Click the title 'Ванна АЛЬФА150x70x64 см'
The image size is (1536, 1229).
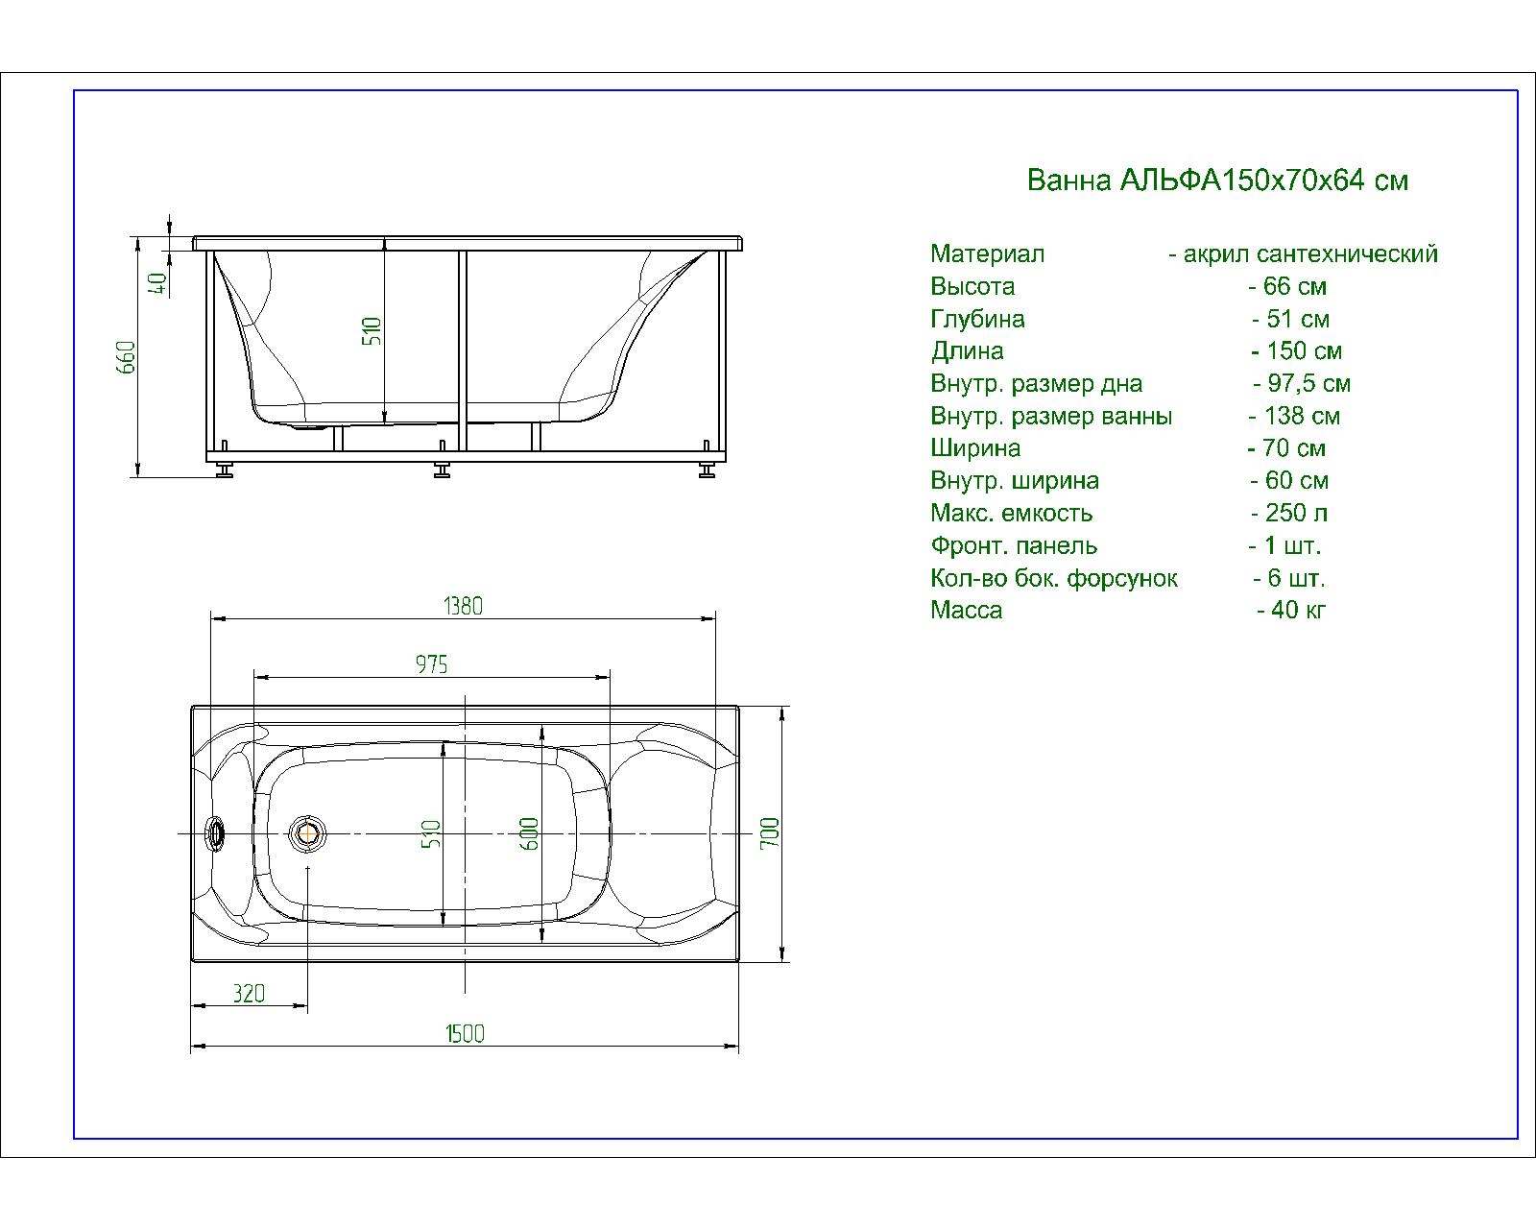pyautogui.click(x=1217, y=181)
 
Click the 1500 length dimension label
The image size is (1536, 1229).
pyautogui.click(x=465, y=1033)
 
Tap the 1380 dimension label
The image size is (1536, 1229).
pyautogui.click(x=463, y=606)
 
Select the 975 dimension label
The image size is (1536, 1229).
pyautogui.click(x=431, y=663)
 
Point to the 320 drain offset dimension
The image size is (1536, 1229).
pyautogui.click(x=248, y=993)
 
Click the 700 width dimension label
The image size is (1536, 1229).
pyautogui.click(x=770, y=832)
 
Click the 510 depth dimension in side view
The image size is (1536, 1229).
pyautogui.click(x=372, y=331)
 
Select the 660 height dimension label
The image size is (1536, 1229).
pyautogui.click(x=128, y=357)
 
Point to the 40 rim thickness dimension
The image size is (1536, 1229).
pyautogui.click(x=158, y=281)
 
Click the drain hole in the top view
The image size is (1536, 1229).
pyautogui.click(x=308, y=832)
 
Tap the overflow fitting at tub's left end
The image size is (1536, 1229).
pyautogui.click(x=218, y=832)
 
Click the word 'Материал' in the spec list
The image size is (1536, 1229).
pyautogui.click(x=987, y=254)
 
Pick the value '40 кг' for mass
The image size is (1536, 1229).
pyautogui.click(x=1298, y=611)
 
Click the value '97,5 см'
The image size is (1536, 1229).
pyautogui.click(x=1308, y=384)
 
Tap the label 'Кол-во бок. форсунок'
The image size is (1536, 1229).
pyautogui.click(x=1053, y=579)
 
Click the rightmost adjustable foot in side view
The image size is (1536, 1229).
pyautogui.click(x=708, y=471)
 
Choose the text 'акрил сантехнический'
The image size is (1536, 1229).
pyautogui.click(x=1310, y=254)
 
